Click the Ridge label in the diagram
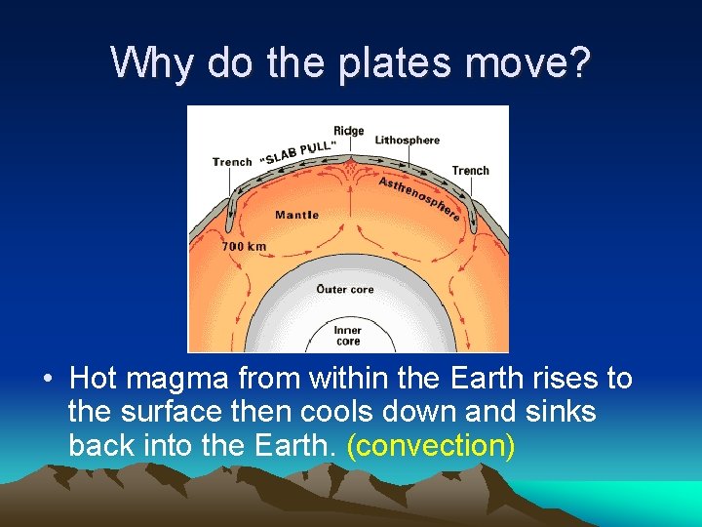348,131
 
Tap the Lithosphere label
407,141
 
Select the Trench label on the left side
232,162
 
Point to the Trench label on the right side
470,171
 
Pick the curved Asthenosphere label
419,197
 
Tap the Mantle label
296,215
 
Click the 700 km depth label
244,247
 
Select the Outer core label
345,289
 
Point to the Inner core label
348,336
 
